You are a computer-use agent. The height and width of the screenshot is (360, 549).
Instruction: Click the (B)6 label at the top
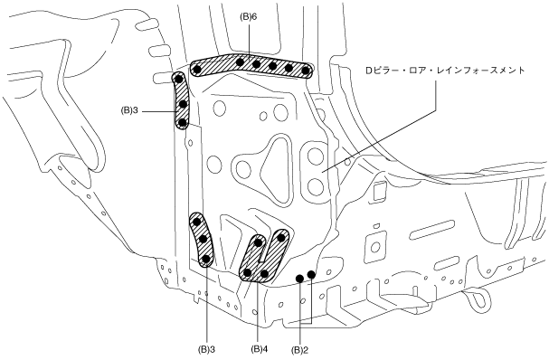click(248, 16)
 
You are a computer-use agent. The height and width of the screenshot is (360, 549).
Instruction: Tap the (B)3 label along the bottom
click(206, 349)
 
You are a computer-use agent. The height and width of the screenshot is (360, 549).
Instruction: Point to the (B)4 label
click(259, 349)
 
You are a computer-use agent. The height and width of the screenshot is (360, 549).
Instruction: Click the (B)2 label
click(299, 349)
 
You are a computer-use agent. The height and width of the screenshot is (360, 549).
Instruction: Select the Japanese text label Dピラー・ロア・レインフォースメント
click(445, 71)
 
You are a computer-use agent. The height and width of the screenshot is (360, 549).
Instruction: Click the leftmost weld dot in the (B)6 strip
click(197, 70)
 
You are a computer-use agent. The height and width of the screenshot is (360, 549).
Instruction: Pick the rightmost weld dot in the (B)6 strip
click(306, 71)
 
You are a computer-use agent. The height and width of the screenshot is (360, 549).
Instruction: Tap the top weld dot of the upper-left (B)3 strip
click(179, 79)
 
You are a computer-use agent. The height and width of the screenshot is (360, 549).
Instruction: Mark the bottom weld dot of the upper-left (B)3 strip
click(182, 123)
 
